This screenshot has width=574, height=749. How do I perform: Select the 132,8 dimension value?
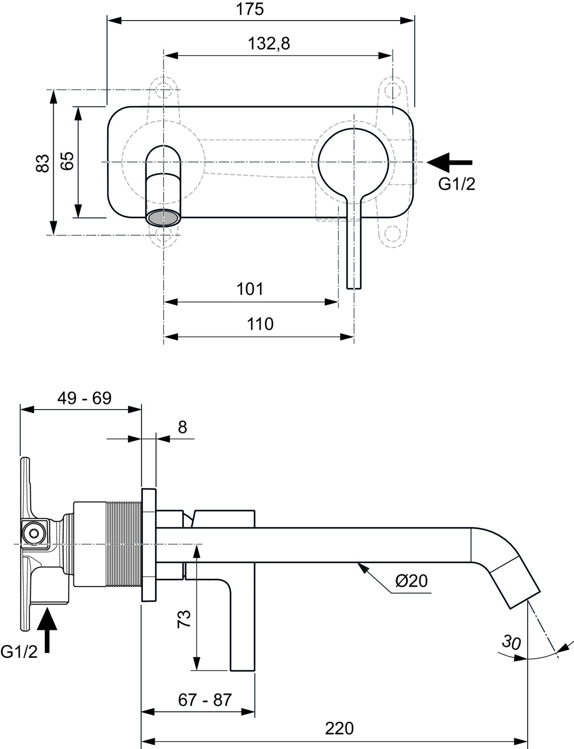268,43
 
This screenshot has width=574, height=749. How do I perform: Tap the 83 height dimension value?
43,163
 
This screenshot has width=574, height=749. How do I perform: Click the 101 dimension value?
250,289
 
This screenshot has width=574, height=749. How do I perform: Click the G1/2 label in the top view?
457,184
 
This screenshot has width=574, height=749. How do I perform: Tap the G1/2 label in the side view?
19,651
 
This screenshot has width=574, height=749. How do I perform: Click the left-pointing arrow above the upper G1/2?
449,163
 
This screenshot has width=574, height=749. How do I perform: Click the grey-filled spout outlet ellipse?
164,219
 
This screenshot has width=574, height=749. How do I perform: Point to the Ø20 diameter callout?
411,581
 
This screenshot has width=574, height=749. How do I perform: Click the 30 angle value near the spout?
511,642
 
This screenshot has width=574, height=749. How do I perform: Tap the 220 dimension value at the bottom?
339,728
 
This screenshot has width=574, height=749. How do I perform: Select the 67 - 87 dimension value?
205,700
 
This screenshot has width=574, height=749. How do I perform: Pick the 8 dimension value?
182,427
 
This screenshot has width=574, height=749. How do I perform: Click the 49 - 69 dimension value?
84,398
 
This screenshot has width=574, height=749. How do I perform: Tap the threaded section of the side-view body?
124,544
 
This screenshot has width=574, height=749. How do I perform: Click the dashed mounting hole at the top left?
164,89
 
